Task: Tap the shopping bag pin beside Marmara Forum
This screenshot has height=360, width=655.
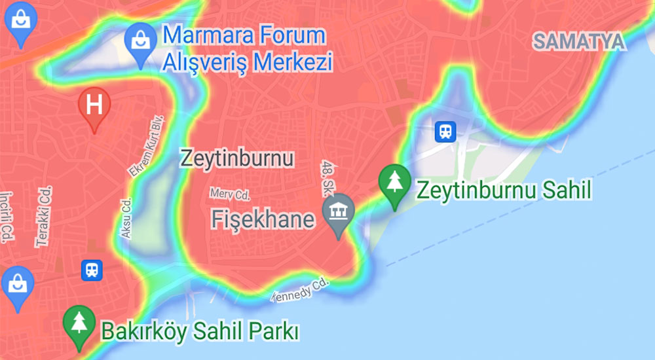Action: coord(141,42)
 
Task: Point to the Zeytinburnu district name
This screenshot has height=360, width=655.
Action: coord(236,159)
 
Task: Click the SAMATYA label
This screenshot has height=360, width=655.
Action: coord(578,42)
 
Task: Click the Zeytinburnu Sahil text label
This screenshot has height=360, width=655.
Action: coord(504,190)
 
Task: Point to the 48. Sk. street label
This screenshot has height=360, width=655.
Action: coord(326,178)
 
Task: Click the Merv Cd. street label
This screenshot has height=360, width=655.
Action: coord(230,194)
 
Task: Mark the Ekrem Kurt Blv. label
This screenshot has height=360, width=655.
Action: coord(146,149)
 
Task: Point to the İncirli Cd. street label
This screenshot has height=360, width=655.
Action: coord(7,217)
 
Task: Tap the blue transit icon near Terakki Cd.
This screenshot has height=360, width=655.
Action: coord(92,270)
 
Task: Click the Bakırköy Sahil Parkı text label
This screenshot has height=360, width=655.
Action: coord(200,331)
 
